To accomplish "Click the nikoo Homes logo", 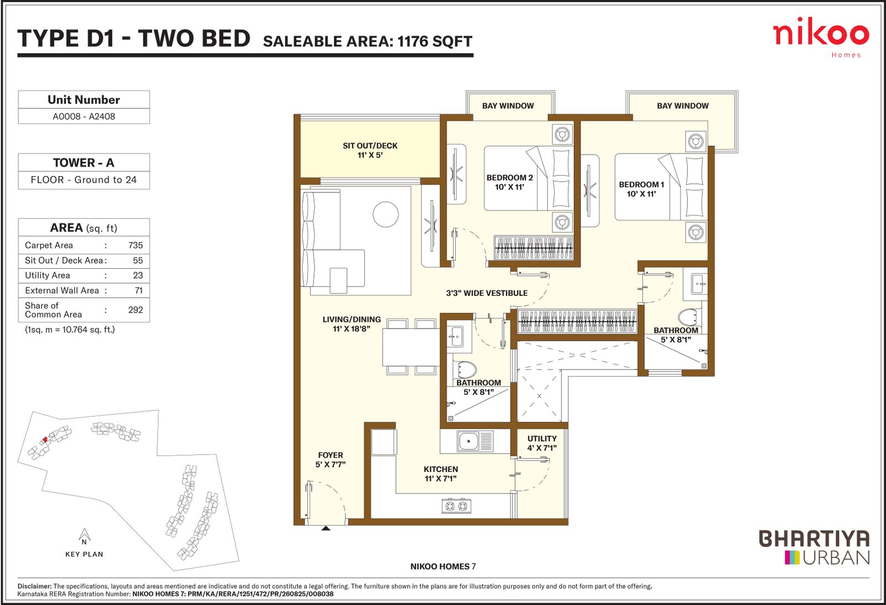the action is tap(821, 38).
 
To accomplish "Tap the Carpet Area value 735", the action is tap(135, 245).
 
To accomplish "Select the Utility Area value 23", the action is tap(138, 275).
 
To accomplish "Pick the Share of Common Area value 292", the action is tap(135, 310).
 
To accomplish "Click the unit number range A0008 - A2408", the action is tap(84, 116).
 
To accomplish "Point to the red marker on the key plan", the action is tap(45, 439).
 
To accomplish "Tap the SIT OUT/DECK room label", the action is tap(370, 150).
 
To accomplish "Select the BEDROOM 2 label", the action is tap(509, 182).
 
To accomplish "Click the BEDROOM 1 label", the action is tap(641, 189).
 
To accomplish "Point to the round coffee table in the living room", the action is tap(385, 214).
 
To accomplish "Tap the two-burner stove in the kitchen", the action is tap(456, 506).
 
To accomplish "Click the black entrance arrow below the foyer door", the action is tap(326, 528).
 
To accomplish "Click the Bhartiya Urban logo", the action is tap(814, 547).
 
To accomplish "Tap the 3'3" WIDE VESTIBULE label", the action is tap(487, 293).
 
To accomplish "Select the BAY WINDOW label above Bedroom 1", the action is tap(683, 106).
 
